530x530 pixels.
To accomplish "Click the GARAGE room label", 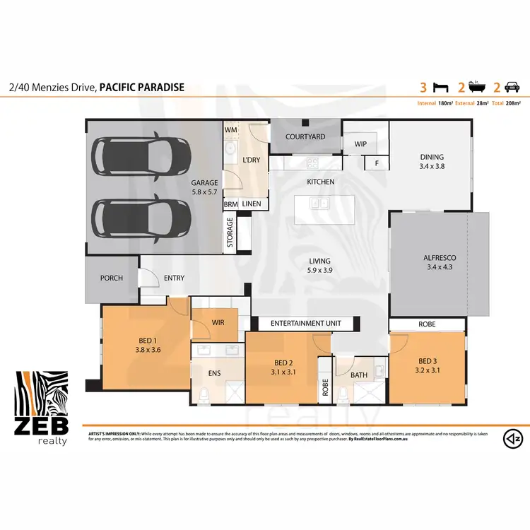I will click(204, 182).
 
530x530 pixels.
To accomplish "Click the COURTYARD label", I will click(305, 136).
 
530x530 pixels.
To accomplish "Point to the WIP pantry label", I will click(360, 143).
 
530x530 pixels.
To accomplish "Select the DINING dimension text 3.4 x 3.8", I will click(432, 167).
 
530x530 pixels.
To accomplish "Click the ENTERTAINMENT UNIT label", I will click(305, 323).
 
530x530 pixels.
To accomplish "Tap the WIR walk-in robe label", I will click(218, 323).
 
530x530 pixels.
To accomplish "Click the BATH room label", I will click(358, 375).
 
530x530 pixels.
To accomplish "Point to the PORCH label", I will click(111, 278).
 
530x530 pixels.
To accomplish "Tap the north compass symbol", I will click(510, 439).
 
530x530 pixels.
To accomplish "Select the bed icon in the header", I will click(442, 88).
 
